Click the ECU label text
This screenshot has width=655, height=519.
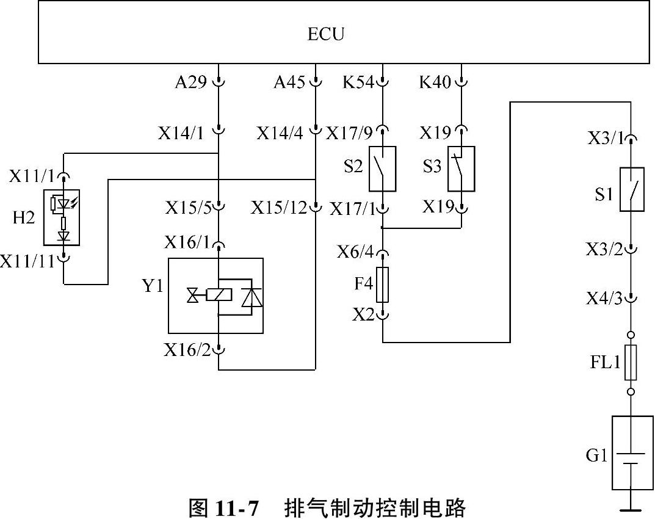click(x=326, y=34)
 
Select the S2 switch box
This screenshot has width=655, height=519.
click(x=382, y=169)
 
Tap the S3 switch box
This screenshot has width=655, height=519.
click(x=461, y=169)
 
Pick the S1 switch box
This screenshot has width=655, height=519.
click(x=632, y=189)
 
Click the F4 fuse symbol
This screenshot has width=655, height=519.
click(x=382, y=285)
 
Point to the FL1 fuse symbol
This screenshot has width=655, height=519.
click(x=631, y=362)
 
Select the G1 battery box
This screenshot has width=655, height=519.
click(x=632, y=452)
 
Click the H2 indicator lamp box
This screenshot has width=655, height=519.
click(x=62, y=217)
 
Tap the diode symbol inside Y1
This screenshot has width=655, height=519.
click(x=252, y=296)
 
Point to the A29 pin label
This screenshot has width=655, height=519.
click(x=190, y=82)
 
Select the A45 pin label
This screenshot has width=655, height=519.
click(x=289, y=82)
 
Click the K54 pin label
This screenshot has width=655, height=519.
click(x=358, y=82)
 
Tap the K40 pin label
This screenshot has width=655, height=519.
click(x=435, y=82)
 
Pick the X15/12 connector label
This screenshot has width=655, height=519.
click(x=278, y=208)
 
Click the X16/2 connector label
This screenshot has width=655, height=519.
click(x=187, y=350)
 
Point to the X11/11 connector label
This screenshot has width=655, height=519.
click(x=27, y=261)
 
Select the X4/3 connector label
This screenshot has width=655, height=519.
click(x=604, y=299)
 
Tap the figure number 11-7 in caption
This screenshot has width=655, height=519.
click(x=236, y=509)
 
